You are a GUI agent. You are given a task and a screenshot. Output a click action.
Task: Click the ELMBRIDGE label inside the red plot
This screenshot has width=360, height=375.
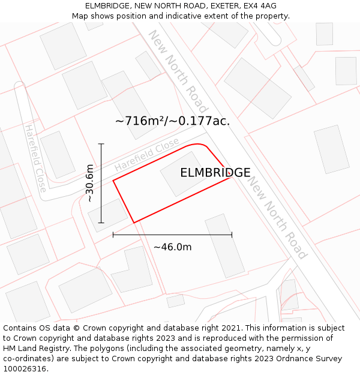(x=215, y=173)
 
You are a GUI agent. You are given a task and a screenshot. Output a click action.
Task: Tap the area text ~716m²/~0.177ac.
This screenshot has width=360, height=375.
(x=172, y=121)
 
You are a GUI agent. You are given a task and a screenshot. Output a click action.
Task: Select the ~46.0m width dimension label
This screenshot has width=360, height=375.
(x=172, y=247)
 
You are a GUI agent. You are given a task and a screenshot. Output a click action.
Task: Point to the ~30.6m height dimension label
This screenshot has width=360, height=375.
(x=89, y=183)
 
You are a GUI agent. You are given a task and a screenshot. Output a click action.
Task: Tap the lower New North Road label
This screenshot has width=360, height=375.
(x=278, y=217)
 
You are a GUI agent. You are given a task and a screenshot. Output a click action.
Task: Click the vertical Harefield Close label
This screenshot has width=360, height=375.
(x=35, y=158)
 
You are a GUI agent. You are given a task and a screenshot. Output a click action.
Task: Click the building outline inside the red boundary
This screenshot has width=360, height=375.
(x=183, y=173)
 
